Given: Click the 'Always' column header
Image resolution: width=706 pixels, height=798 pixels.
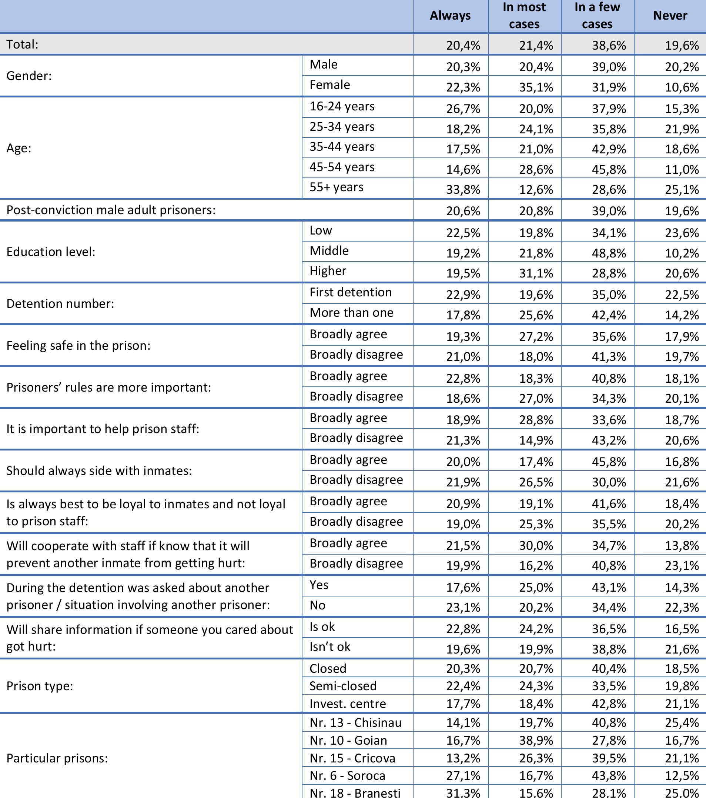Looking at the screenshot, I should point(450,16).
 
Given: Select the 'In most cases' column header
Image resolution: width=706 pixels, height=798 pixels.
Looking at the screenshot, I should point(524,16).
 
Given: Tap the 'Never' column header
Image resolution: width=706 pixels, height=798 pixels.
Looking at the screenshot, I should point(670,16).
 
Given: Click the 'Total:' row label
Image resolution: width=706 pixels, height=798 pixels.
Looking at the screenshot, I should point(23,44).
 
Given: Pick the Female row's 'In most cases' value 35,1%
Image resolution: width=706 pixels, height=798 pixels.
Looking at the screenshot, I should point(536,87).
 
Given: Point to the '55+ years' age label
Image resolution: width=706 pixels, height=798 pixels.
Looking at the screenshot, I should point(336,187).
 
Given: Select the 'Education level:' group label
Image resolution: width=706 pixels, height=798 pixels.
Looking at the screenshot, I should point(51,252).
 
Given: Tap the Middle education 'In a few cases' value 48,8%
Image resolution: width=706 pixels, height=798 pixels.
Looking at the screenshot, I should point(609,253).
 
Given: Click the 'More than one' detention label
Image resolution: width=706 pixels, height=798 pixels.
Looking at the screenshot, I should point(351,313).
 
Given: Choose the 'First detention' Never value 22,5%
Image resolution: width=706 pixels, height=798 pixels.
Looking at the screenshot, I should point(682,295).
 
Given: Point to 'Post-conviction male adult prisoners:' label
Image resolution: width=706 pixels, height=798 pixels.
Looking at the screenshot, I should point(111,210).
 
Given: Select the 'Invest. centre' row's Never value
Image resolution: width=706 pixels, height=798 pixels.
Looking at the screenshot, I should point(682,704).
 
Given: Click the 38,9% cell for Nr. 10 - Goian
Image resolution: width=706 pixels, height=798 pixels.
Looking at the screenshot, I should point(536,741).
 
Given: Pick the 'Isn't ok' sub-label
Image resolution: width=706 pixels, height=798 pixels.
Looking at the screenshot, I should point(330,647).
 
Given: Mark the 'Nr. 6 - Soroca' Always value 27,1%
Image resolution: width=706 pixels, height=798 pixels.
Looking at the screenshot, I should point(463,776).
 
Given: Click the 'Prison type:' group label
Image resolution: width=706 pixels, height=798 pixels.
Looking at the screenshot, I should point(40,686).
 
